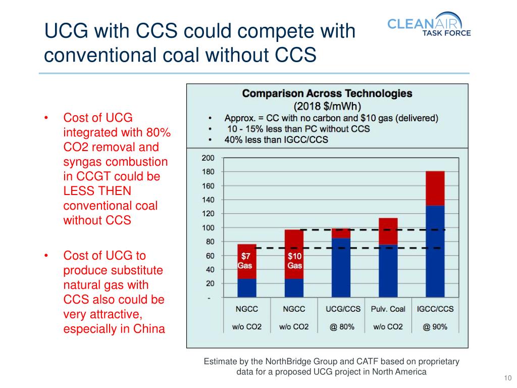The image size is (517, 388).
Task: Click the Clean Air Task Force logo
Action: (x=429, y=25)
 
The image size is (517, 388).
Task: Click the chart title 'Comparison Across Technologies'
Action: (x=327, y=93)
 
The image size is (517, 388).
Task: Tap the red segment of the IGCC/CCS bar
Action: (x=435, y=188)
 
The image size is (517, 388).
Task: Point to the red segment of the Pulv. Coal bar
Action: (x=388, y=231)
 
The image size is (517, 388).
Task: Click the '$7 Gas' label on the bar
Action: (x=246, y=261)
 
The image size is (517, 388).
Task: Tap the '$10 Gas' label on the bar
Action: (x=294, y=261)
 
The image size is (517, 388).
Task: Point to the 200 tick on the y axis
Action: (x=208, y=158)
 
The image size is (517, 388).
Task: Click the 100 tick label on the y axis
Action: (x=208, y=228)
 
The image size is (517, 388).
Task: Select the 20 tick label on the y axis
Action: (x=208, y=283)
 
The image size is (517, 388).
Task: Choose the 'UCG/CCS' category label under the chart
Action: (x=341, y=309)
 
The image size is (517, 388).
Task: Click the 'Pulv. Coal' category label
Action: (x=388, y=309)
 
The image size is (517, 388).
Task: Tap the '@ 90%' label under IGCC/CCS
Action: (x=435, y=327)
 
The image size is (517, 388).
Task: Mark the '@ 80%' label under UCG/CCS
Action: (x=342, y=327)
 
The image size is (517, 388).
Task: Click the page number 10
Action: (x=507, y=379)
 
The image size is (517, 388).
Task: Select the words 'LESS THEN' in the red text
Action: (x=97, y=191)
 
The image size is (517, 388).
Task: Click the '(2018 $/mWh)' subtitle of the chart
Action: (x=327, y=107)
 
